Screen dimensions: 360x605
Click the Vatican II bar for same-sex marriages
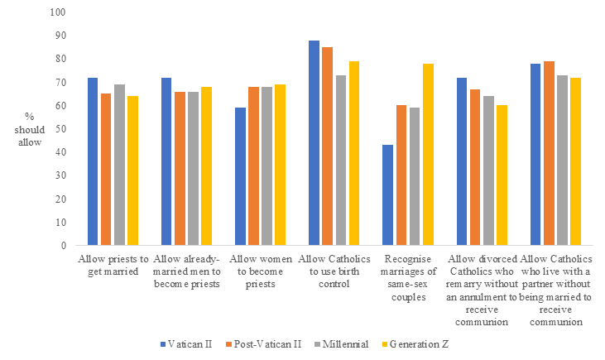[x=387, y=195]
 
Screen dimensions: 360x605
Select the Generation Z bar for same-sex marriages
[x=427, y=155]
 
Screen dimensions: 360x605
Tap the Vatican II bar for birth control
[x=314, y=143]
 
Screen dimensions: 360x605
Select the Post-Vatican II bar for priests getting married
[x=106, y=170]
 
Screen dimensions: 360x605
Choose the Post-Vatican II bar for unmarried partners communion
[x=549, y=153]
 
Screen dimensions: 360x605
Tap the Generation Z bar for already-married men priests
[x=205, y=166]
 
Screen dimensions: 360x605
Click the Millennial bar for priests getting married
[x=119, y=165]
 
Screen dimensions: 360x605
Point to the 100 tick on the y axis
[x=57, y=12]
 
